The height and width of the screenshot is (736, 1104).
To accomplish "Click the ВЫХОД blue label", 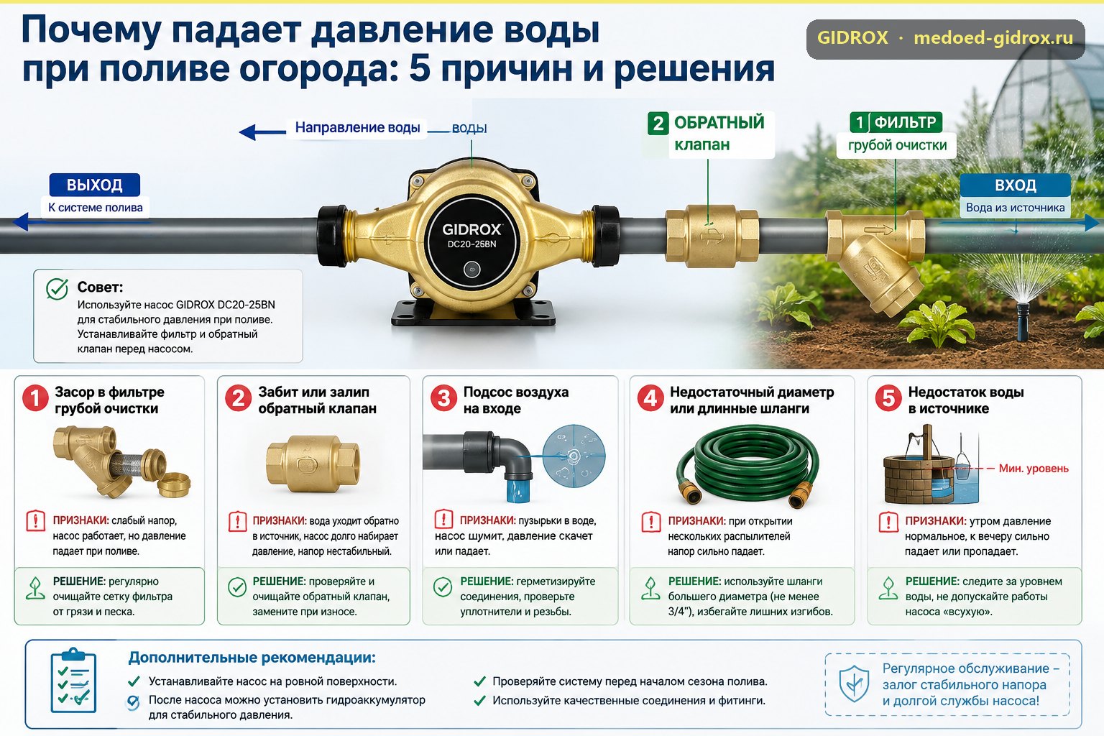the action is click(x=95, y=185).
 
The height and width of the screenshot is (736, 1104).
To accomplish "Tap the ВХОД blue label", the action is click(x=1016, y=185).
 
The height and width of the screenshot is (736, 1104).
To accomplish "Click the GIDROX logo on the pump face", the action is click(x=471, y=229).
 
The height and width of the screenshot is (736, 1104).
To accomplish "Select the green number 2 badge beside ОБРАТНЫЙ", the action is click(x=658, y=123).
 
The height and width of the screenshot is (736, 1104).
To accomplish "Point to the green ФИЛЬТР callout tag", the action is click(x=896, y=122).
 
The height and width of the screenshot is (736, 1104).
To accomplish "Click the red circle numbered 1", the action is click(x=35, y=397).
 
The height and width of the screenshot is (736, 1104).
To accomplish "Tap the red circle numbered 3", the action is click(x=443, y=397).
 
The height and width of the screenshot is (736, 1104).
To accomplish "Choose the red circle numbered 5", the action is click(x=888, y=397).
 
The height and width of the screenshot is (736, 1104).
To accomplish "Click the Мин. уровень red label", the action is click(x=1034, y=469).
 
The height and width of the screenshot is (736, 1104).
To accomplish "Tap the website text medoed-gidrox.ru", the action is click(x=993, y=38).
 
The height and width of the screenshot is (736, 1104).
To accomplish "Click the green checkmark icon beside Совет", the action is click(x=57, y=289).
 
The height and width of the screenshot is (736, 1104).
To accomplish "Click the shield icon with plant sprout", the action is click(x=854, y=684).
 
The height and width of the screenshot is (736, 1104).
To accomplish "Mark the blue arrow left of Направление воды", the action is click(x=262, y=132).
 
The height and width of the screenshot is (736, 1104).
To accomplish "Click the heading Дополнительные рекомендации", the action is click(x=252, y=657).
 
